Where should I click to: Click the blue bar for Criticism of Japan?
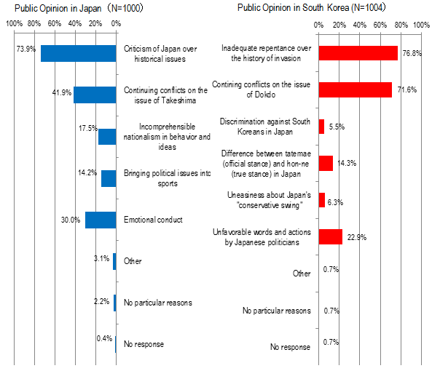point(79,53)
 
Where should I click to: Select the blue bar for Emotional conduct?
point(101,220)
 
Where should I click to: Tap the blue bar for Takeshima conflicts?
point(95,95)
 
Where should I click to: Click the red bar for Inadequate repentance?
point(358,53)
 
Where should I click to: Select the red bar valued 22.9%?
point(330,236)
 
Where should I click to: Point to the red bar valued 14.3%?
point(326,163)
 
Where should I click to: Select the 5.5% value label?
point(337,127)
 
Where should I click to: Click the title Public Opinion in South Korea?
point(315,8)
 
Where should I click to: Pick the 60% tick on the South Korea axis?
point(380,24)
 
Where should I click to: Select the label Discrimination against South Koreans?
point(265,126)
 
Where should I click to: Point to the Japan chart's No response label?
point(144,343)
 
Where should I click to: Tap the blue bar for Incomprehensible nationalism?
point(107,136)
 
